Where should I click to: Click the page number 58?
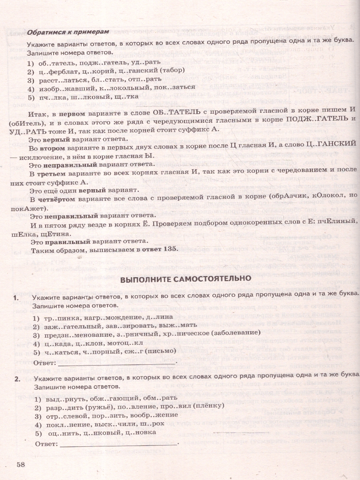point(21,464)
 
